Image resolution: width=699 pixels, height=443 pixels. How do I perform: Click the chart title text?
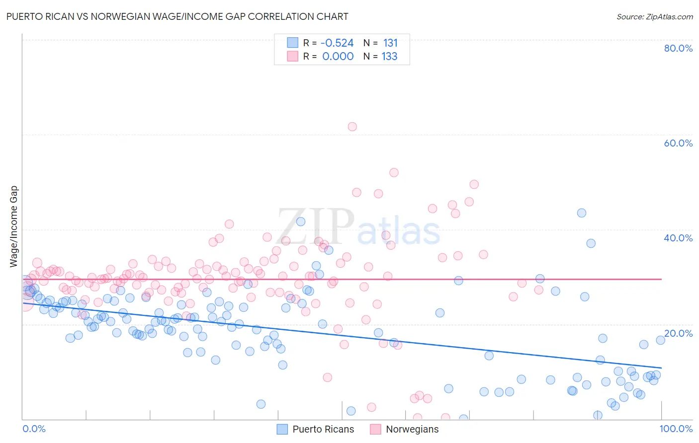[x=177, y=16]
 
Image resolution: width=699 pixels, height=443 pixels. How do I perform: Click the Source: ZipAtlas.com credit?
[x=654, y=16]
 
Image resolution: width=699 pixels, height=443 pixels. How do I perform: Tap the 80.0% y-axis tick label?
[x=678, y=48]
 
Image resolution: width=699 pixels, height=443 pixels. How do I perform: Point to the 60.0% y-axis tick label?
[x=678, y=143]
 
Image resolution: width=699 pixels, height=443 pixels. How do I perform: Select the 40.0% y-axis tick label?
[x=678, y=238]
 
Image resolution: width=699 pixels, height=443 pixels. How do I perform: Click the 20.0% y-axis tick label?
[x=678, y=333]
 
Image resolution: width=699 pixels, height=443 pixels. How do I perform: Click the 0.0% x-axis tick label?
[x=34, y=429]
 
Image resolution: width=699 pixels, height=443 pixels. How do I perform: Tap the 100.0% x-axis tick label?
[x=676, y=429]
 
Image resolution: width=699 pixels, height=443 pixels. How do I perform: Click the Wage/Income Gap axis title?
[x=14, y=226]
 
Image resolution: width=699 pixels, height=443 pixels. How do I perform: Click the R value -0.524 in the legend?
[x=337, y=43]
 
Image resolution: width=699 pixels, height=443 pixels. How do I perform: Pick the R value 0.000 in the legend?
[x=338, y=57]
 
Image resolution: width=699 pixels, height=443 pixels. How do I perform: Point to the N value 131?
[x=390, y=43]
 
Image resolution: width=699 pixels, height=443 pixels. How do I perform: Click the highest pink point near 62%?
[x=352, y=127]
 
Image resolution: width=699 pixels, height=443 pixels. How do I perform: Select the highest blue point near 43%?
[x=582, y=213]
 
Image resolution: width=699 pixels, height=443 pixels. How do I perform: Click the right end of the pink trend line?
[x=661, y=279]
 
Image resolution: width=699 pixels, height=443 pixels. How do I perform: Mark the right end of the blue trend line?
[x=661, y=368]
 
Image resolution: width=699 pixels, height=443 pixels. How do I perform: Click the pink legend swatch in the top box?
[x=292, y=56]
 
